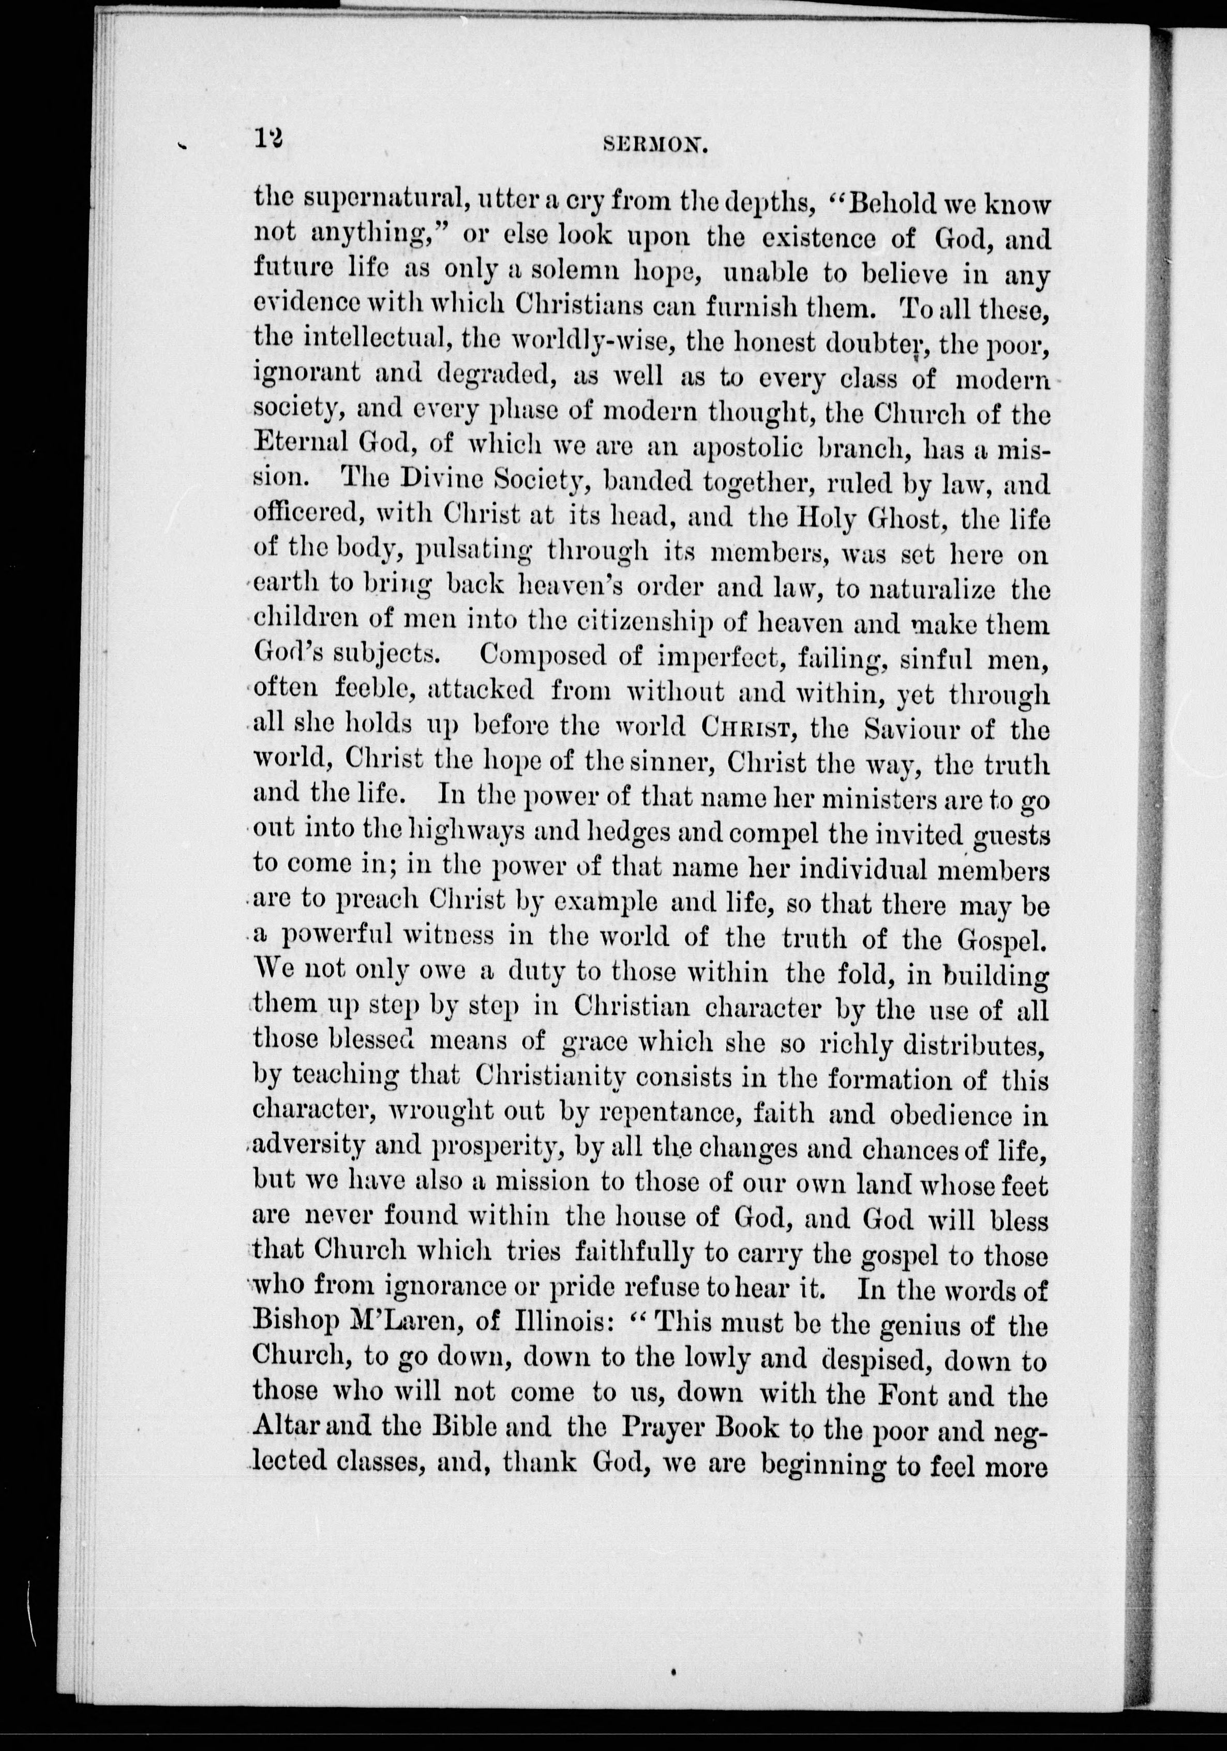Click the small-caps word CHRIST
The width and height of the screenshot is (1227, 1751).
tap(748, 730)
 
